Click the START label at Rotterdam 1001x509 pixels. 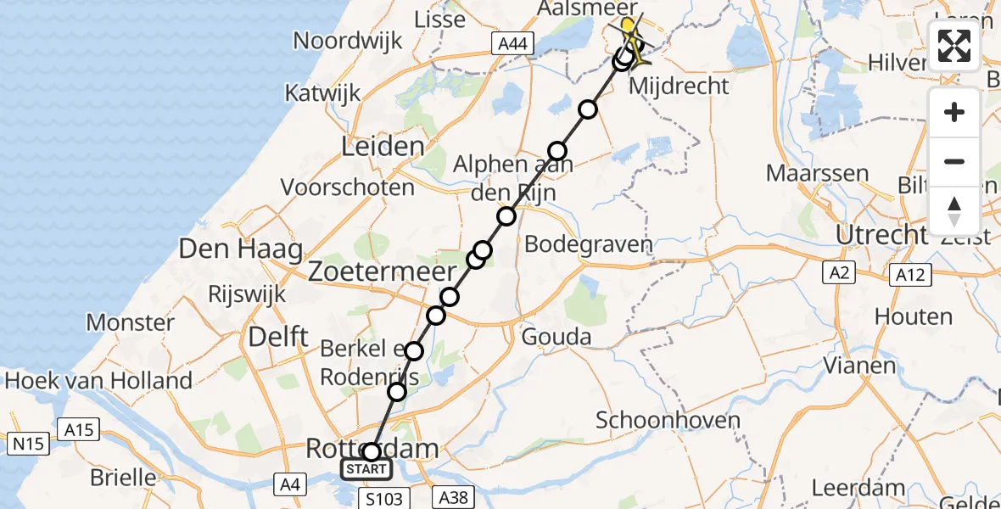click(366, 469)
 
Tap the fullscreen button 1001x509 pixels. click(954, 46)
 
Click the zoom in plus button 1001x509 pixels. click(954, 112)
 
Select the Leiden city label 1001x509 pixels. click(382, 147)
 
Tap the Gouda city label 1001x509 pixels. click(557, 337)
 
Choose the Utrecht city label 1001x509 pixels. click(881, 234)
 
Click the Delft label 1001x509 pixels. click(277, 337)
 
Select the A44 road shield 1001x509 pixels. click(512, 42)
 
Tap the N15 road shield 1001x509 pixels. click(27, 443)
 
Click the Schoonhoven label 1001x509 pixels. click(668, 420)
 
